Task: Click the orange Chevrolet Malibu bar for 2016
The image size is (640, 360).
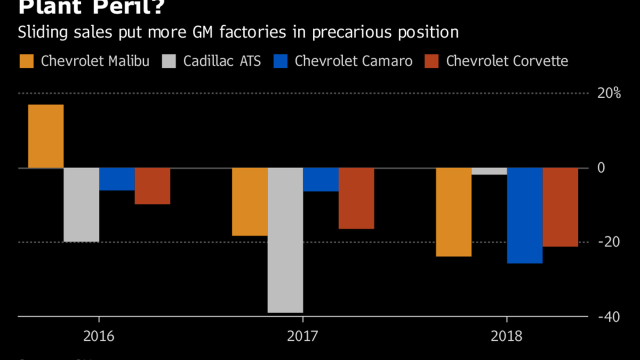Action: (x=45, y=136)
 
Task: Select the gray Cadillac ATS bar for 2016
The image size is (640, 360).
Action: (x=81, y=204)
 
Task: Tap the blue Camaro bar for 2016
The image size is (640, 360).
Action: (x=116, y=179)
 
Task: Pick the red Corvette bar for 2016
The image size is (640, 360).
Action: (x=152, y=185)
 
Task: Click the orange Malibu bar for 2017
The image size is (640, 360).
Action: (x=249, y=201)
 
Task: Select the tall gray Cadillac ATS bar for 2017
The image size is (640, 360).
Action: (x=285, y=240)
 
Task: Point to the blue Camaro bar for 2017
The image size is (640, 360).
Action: (x=320, y=179)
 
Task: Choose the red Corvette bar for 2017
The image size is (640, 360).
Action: (x=356, y=198)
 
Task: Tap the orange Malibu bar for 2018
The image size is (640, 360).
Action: (x=453, y=212)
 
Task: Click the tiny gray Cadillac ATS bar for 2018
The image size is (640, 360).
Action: (x=489, y=171)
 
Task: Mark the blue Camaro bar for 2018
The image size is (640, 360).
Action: (x=524, y=215)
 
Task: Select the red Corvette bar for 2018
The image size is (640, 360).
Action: (x=560, y=207)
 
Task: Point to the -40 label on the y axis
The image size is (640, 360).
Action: (x=608, y=317)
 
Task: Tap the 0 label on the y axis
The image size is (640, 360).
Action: (x=601, y=168)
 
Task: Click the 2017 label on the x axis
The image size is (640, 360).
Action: (x=302, y=335)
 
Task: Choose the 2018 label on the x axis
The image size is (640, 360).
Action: (x=506, y=335)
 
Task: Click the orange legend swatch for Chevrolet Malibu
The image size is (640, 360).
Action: (x=26, y=61)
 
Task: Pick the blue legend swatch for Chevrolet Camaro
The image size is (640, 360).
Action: (x=280, y=61)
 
